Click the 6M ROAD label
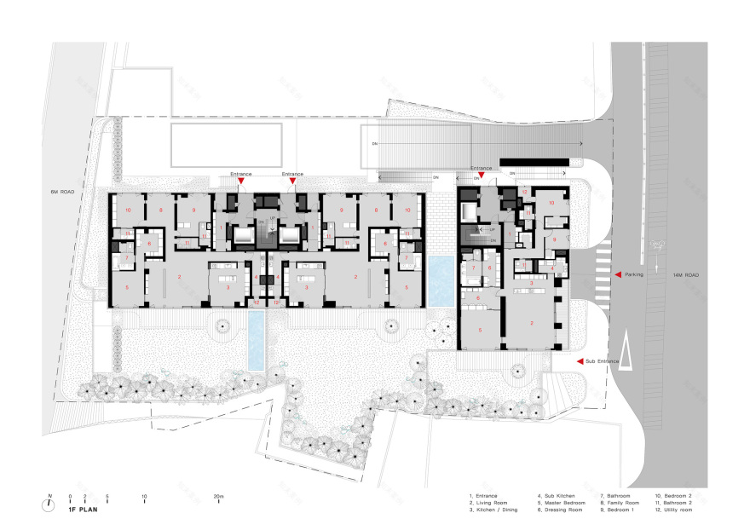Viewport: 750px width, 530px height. coord(62,193)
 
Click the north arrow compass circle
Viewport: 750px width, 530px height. coord(49,504)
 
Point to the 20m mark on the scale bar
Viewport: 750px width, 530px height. coord(219,497)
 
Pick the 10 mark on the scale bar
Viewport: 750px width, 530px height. coord(144,497)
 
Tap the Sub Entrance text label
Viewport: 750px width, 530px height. coord(603,361)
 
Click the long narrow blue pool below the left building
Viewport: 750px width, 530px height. coord(256,339)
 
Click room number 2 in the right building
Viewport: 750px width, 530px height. coord(532,323)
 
